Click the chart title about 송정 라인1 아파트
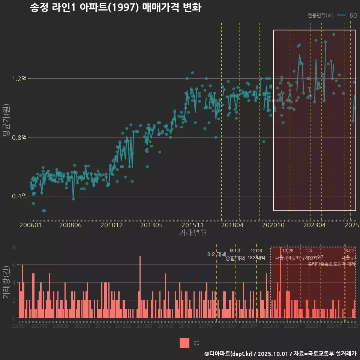[x=115, y=7]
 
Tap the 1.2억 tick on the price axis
[x=19, y=79]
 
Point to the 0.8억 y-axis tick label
[x=19, y=138]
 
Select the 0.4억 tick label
[x=19, y=196]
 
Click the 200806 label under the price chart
[x=71, y=225]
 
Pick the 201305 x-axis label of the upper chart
[x=151, y=225]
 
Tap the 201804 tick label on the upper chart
[x=232, y=225]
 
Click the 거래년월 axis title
[x=193, y=233]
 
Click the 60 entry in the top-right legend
[x=353, y=15]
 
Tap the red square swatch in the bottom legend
[x=184, y=343]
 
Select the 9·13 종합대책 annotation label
[x=235, y=254]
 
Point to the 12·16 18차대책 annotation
[x=256, y=254]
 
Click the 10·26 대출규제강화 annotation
[x=288, y=254]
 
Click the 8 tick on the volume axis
[x=13, y=247]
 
